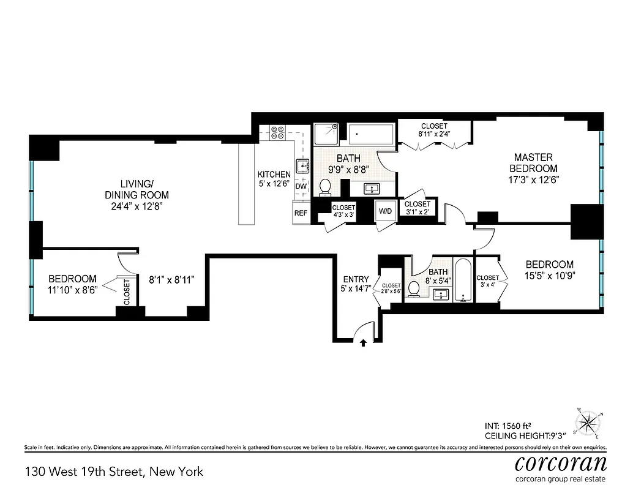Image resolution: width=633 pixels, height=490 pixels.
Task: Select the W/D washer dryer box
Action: point(385,211)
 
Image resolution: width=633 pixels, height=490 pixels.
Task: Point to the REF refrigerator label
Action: point(301,213)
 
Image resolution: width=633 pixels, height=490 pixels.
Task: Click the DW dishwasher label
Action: point(301,186)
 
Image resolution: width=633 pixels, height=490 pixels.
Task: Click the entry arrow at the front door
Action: point(364,343)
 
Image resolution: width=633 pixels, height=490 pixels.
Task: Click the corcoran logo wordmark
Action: point(561,462)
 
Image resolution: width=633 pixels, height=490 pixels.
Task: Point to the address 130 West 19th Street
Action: point(114,472)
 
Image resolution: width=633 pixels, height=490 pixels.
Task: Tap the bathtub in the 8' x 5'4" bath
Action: point(463,282)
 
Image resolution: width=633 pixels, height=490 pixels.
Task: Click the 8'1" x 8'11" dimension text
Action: point(172,280)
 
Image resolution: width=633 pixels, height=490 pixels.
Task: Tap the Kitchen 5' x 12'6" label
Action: point(274,179)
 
